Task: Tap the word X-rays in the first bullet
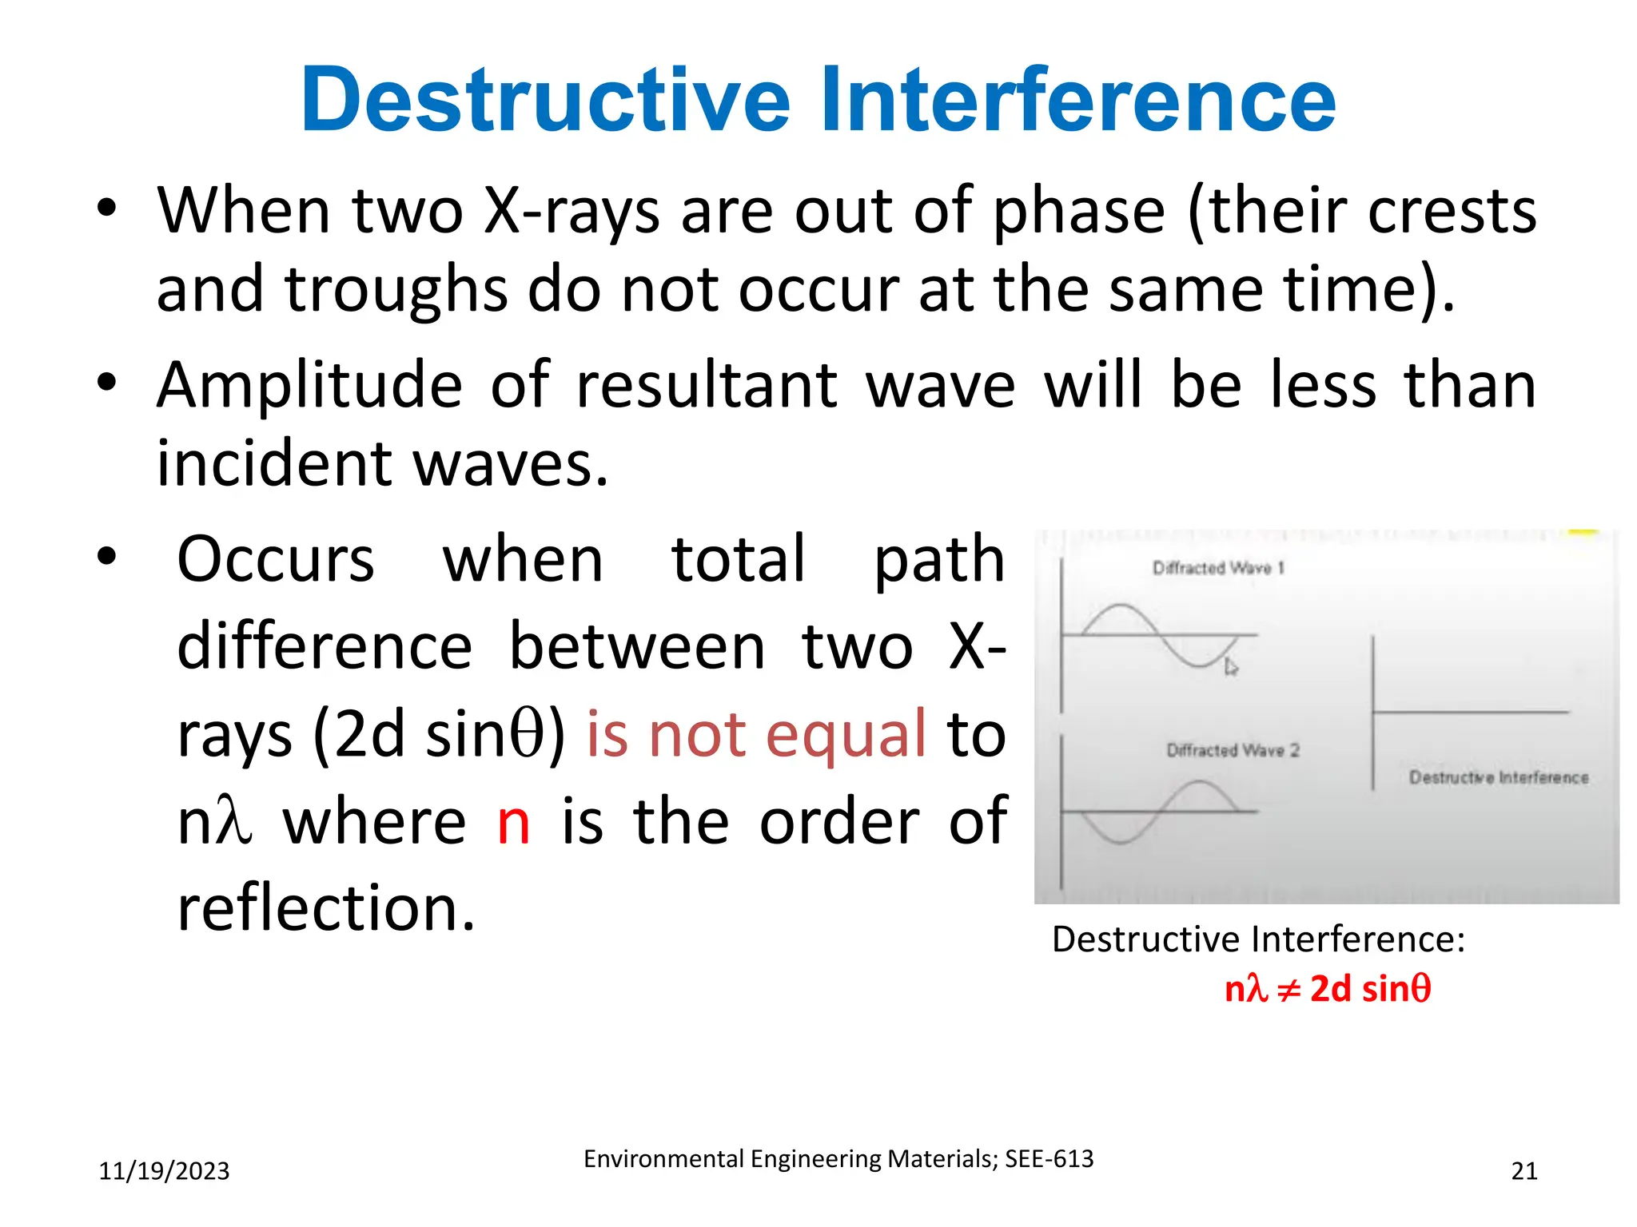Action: point(572,212)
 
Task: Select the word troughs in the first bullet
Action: point(396,290)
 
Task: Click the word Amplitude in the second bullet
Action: point(309,387)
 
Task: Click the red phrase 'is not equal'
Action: point(755,733)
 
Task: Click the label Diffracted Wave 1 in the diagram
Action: point(1217,568)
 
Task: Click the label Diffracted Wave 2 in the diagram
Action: point(1233,750)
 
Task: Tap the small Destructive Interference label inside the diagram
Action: point(1498,777)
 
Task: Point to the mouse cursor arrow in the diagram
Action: point(1231,668)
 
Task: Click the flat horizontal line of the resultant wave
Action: point(1471,711)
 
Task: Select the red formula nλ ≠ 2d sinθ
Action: point(1327,989)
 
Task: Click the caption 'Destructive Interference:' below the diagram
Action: point(1258,939)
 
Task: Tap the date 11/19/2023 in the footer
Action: point(164,1171)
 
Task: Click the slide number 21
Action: point(1523,1171)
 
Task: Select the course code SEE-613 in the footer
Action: point(1049,1159)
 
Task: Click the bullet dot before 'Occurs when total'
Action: point(106,556)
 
